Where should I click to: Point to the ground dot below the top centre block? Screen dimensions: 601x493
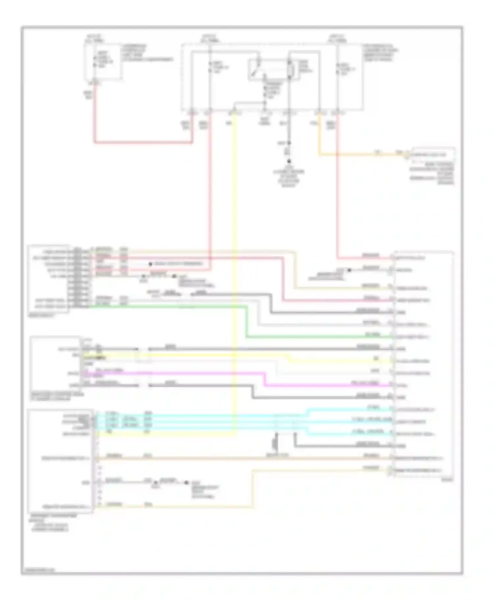coord(289,161)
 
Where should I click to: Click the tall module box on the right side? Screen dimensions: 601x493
coord(424,363)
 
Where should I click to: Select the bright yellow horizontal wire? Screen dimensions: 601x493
coord(197,355)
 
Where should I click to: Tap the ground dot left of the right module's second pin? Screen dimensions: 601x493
coord(349,270)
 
